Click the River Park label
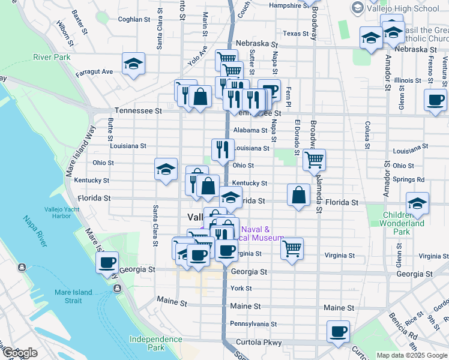coord(52,58)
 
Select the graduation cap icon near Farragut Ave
coord(133,64)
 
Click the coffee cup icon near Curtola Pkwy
coord(339,331)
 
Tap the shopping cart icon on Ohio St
coord(315,160)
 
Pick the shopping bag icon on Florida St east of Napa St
coord(299,195)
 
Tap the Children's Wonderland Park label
coord(402,223)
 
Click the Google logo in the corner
coord(19,353)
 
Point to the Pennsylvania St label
coord(253,324)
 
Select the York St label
coord(241,289)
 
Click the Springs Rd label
coord(411,179)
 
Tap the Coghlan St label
coord(134,19)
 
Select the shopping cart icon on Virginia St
coord(292,248)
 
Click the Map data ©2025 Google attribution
coord(412,355)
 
